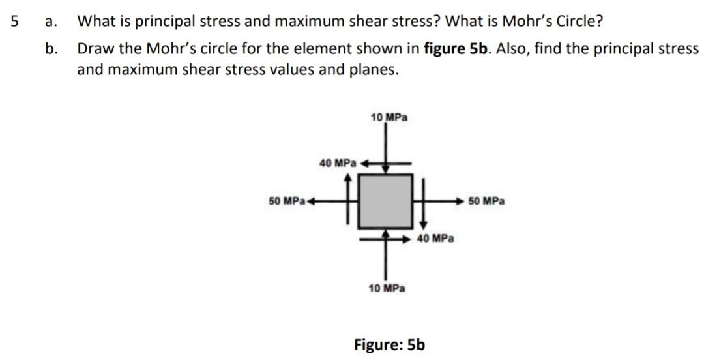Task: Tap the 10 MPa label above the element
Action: tap(389, 117)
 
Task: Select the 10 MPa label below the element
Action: tap(387, 288)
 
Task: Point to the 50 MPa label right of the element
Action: tap(486, 201)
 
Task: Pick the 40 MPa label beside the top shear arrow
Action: tap(338, 162)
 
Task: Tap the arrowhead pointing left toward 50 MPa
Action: tap(311, 201)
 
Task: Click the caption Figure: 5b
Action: tap(389, 344)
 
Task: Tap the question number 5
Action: tap(15, 21)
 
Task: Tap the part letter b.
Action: tap(51, 49)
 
